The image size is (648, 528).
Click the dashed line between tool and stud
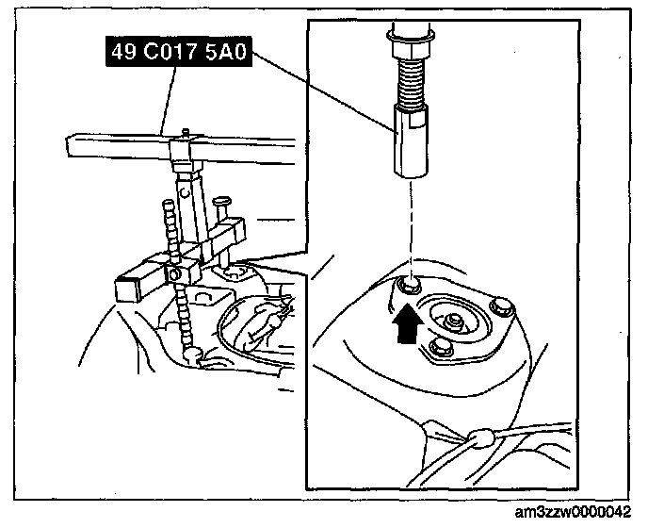point(411,226)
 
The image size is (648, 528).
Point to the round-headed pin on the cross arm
point(221,201)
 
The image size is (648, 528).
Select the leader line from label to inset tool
point(320,90)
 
